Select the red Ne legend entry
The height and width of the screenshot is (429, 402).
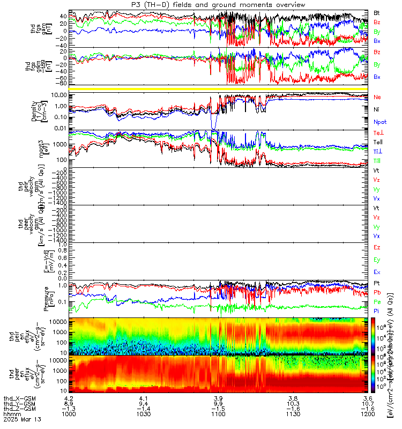[377, 97]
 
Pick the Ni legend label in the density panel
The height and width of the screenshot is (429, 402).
[376, 109]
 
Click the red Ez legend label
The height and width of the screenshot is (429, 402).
[377, 247]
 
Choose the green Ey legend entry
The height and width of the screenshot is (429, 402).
[377, 260]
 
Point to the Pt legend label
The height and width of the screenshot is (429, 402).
[376, 283]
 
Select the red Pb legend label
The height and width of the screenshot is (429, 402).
[377, 292]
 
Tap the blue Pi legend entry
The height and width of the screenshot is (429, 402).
[376, 310]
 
